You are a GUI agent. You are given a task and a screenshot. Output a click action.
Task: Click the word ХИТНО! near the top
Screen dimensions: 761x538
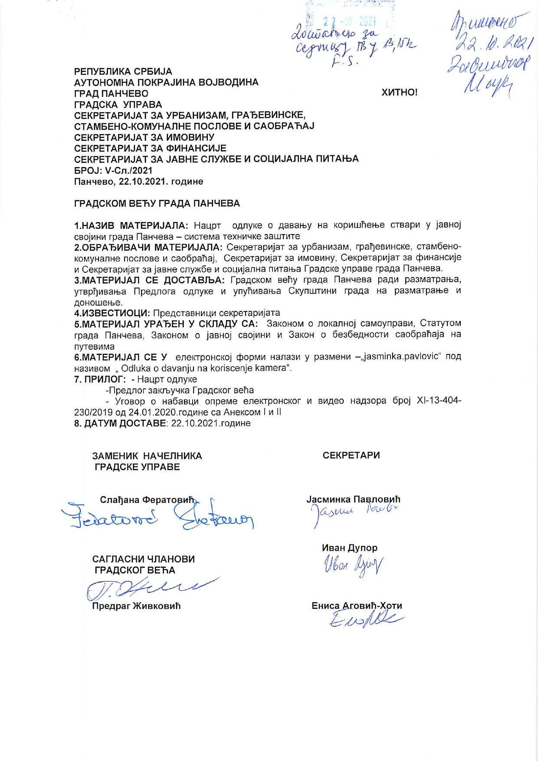pos(399,93)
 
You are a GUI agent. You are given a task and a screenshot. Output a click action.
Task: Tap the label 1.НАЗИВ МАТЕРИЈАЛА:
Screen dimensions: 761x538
pos(131,225)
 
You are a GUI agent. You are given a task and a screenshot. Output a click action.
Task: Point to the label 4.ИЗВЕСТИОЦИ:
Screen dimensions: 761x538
pos(112,313)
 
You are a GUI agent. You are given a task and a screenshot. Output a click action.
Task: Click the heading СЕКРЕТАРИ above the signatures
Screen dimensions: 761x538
pos(351,455)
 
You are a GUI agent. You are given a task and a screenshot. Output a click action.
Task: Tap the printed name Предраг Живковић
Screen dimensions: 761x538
pos(136,605)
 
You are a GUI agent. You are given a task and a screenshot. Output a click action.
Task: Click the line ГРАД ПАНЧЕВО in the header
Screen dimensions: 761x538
pos(112,93)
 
